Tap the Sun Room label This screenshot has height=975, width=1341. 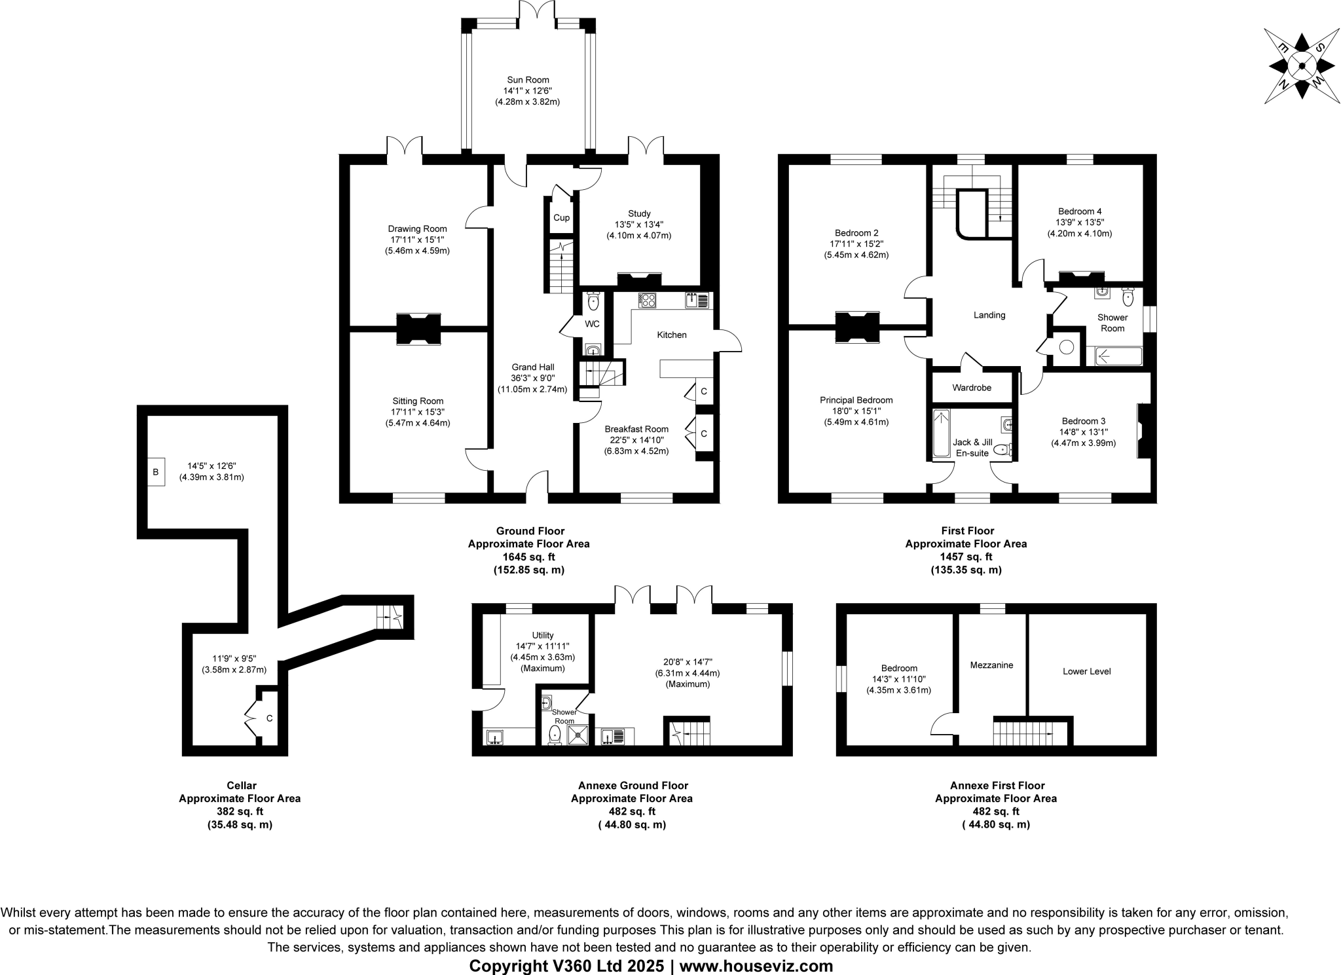528,80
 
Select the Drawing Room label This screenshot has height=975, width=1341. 417,229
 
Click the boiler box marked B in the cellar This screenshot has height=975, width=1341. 156,471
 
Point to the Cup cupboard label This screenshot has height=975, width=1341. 561,217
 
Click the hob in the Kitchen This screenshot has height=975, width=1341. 648,300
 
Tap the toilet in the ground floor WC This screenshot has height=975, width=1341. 593,301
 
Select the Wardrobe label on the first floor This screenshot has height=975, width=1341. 972,388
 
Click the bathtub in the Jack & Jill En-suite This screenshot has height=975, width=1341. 941,433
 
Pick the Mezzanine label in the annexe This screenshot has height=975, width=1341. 991,665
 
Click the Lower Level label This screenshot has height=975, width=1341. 1086,671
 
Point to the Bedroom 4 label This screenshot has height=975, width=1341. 1080,211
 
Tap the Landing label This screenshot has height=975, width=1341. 989,315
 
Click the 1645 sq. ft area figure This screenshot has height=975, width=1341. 528,557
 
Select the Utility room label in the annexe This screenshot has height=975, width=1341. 543,635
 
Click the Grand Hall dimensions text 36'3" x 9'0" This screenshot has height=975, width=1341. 533,378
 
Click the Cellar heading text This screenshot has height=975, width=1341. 241,785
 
